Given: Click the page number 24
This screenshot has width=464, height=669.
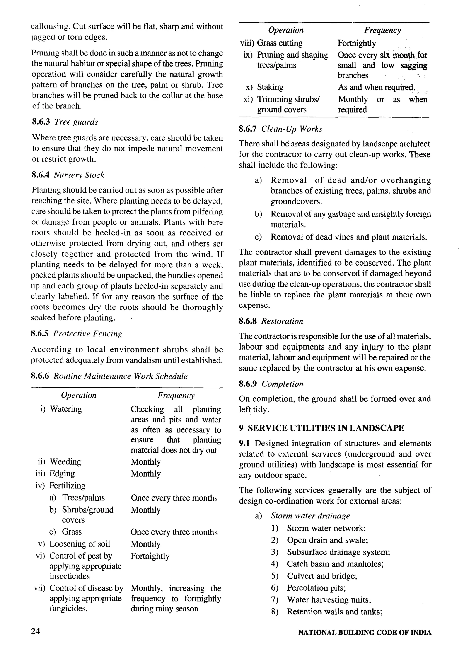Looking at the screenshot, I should point(36,631).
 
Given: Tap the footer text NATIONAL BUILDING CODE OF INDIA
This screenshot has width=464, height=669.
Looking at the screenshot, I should point(365,632).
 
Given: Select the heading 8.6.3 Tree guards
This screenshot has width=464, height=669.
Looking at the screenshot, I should point(65,122).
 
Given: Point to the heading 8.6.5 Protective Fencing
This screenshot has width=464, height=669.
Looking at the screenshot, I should point(76,333).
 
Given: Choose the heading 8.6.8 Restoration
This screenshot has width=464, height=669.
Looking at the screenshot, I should point(271,321).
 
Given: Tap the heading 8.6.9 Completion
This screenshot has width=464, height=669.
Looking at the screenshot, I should point(271,384).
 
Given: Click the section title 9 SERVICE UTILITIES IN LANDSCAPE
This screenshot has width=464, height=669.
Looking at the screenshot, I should point(321,428).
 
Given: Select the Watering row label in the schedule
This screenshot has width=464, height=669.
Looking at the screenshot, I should point(66,409).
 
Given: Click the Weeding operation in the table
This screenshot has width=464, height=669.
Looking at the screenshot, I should point(65,462).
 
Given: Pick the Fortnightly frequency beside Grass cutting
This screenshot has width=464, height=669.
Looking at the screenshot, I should point(356,43).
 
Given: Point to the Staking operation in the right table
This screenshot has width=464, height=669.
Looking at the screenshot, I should point(270,87).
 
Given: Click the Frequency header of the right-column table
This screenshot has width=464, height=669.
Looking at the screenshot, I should point(382,30).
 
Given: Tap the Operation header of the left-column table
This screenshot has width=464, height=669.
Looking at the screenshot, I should point(78,395).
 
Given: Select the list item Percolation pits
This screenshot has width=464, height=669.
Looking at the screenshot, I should point(316,588).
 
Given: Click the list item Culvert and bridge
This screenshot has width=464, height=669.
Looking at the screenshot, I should point(322,576).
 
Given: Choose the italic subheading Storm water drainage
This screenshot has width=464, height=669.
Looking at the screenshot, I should point(310,516).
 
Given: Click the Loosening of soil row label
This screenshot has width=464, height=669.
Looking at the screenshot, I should point(80,544).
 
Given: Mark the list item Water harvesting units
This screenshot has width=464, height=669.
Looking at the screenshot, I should point(329,600).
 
